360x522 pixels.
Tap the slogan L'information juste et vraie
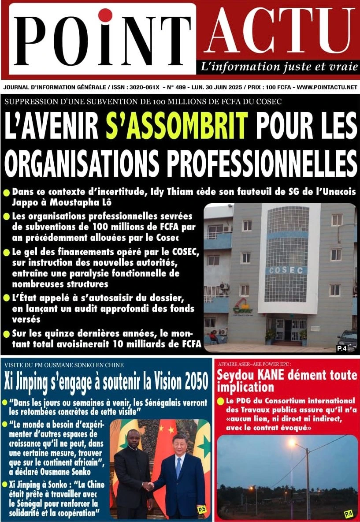pyautogui.click(x=279, y=67)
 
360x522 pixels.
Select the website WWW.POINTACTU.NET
pyautogui.click(x=327, y=87)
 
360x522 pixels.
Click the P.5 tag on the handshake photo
pyautogui.click(x=202, y=510)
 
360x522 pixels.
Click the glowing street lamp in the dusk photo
pyautogui.click(x=292, y=442)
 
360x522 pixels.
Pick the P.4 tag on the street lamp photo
pyautogui.click(x=349, y=513)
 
